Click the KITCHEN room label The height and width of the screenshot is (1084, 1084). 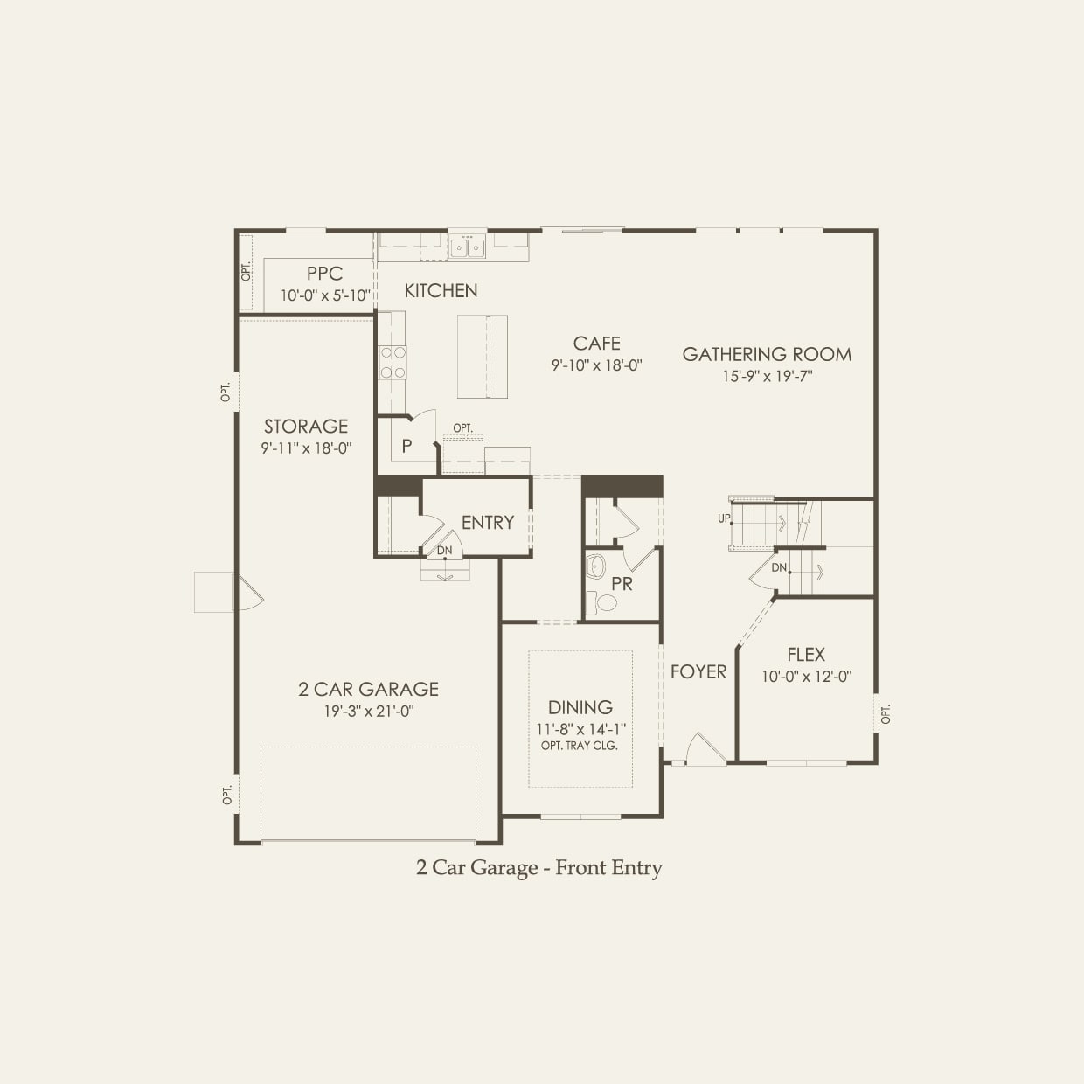(x=441, y=290)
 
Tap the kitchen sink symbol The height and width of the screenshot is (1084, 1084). (x=468, y=248)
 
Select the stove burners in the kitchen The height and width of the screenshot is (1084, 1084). (x=392, y=362)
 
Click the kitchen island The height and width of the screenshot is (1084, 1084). (x=482, y=356)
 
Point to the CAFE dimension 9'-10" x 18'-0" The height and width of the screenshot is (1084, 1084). (x=597, y=365)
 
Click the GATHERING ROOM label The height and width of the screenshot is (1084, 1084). (x=767, y=354)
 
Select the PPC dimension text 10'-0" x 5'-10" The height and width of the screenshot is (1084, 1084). (x=324, y=295)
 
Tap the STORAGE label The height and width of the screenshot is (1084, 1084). (x=306, y=426)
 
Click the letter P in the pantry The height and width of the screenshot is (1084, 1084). (x=406, y=447)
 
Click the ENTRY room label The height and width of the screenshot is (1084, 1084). (x=487, y=522)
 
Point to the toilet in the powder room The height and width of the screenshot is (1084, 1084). (x=601, y=601)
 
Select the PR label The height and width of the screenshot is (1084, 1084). (x=622, y=584)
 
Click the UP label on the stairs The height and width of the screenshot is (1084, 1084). (x=724, y=518)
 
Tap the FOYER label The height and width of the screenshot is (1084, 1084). (x=698, y=671)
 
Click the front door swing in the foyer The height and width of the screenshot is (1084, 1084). (x=705, y=748)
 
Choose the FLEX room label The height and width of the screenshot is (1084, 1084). (x=805, y=654)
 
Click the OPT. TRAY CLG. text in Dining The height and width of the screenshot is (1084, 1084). (x=580, y=746)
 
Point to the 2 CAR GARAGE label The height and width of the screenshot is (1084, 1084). (x=368, y=689)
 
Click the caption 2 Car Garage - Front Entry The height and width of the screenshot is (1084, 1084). (x=539, y=867)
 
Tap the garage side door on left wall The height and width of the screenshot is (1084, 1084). (x=246, y=593)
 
